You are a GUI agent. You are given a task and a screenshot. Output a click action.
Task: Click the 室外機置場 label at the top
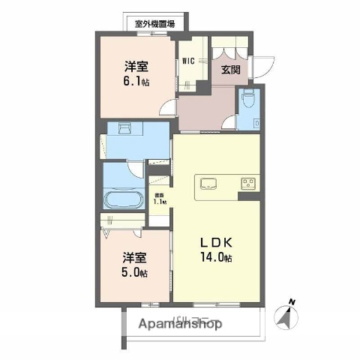coord(154,24)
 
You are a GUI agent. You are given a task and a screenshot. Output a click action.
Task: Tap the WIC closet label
coord(187,61)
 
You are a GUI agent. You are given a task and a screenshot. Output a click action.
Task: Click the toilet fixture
coord(249,98)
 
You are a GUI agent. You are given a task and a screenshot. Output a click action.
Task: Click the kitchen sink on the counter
coord(208,183)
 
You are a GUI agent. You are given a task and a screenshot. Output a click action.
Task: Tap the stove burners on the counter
coord(248,183)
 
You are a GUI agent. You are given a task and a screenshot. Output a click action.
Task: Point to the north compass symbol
coord(286,319)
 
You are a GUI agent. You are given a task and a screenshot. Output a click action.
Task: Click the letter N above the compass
coord(292,303)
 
